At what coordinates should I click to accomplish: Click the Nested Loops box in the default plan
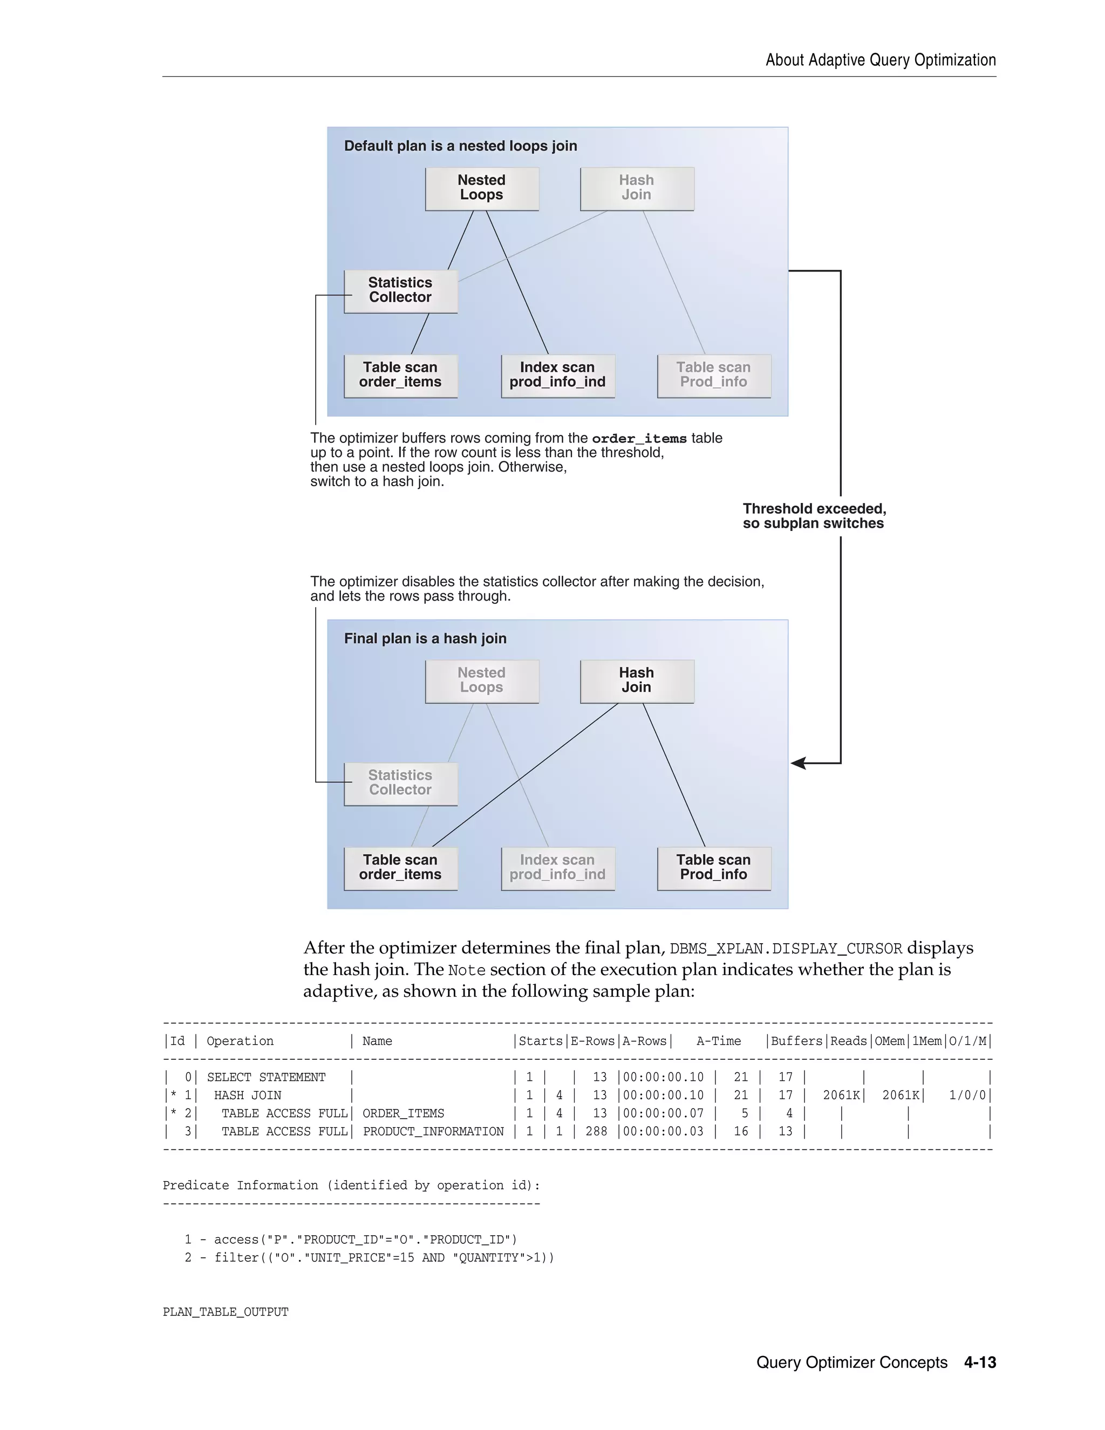[482, 188]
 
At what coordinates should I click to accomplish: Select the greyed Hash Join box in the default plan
[636, 188]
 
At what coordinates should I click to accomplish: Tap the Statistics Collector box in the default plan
[401, 291]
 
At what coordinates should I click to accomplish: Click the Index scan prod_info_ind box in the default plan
[558, 376]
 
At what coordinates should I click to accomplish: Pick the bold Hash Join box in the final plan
[636, 681]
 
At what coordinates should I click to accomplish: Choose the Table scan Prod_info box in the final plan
[713, 868]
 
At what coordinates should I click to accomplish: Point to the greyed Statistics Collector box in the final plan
[401, 783]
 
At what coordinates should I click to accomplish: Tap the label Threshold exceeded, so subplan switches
[814, 516]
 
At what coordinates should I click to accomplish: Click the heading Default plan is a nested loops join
[460, 146]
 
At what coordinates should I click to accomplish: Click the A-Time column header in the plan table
[718, 1041]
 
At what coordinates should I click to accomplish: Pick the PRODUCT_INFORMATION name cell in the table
[433, 1132]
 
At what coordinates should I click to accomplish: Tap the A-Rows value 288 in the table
[596, 1132]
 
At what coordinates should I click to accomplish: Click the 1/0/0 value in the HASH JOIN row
[967, 1095]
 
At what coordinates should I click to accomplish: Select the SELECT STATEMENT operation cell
[266, 1077]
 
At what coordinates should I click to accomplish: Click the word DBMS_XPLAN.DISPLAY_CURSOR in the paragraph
[786, 949]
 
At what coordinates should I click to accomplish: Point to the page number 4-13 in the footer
[979, 1363]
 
